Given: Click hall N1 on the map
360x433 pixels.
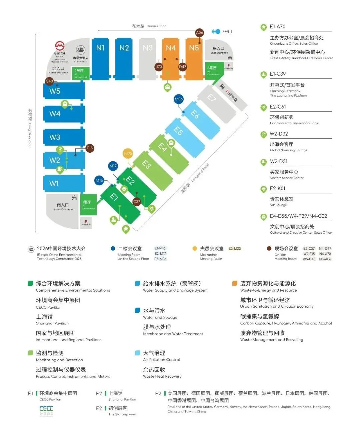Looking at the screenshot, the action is tap(100, 58).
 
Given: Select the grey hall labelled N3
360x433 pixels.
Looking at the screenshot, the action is tap(148, 58).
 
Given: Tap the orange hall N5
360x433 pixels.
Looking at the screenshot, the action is tap(194, 58).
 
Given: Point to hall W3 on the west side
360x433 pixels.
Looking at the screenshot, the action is tap(64, 137).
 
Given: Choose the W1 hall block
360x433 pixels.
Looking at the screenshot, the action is tap(64, 183).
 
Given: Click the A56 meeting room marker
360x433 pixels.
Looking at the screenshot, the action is tap(199, 32).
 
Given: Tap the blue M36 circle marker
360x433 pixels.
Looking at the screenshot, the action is tap(179, 99).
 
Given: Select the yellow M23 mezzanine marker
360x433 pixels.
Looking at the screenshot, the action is tap(128, 154).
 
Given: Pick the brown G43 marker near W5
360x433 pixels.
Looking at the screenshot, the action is tap(49, 81).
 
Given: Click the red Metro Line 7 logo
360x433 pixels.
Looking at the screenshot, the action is tap(60, 46).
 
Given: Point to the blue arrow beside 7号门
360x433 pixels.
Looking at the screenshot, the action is tap(216, 32).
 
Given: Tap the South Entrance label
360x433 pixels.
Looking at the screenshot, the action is tap(63, 207).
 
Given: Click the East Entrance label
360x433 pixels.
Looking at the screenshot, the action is tap(219, 50).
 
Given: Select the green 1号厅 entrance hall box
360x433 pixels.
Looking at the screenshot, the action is tap(88, 204).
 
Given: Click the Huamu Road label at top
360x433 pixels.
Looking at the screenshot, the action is tap(149, 26).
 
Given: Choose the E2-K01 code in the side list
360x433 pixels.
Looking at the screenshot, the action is tap(278, 188).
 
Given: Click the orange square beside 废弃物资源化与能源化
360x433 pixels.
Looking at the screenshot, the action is tap(235, 283).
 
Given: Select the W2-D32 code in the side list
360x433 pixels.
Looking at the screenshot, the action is tap(279, 134).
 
